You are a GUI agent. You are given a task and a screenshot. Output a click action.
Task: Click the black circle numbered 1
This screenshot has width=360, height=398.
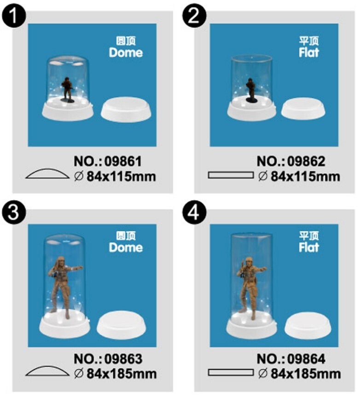pyautogui.click(x=13, y=15)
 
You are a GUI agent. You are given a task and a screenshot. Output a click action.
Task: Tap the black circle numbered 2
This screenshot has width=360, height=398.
pyautogui.click(x=194, y=15)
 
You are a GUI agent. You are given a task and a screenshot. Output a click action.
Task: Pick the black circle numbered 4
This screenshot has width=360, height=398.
pyautogui.click(x=194, y=213)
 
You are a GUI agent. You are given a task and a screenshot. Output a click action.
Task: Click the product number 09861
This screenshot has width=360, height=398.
pyautogui.click(x=123, y=162)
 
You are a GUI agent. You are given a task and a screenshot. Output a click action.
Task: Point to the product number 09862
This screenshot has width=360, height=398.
pyautogui.click(x=306, y=162)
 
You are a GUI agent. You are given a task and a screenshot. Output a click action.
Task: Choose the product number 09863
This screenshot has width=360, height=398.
pyautogui.click(x=123, y=359)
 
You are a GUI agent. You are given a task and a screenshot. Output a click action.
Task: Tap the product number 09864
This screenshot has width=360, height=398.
pyautogui.click(x=306, y=359)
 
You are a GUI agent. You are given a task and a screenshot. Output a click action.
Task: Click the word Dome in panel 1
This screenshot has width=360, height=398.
pyautogui.click(x=126, y=52)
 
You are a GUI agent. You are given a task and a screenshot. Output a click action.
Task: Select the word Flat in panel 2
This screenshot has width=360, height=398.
pyautogui.click(x=309, y=52)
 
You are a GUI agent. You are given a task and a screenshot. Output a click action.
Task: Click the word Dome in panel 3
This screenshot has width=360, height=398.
pyautogui.click(x=126, y=248)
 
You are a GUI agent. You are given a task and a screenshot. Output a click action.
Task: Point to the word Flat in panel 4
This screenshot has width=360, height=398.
pyautogui.click(x=309, y=248)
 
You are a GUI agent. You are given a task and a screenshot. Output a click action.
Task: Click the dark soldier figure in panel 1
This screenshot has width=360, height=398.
pyautogui.click(x=68, y=90)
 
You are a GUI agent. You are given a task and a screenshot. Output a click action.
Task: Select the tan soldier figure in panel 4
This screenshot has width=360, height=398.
pyautogui.click(x=250, y=288)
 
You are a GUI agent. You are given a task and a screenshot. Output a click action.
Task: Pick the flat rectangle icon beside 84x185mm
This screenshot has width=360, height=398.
pyautogui.click(x=231, y=373)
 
